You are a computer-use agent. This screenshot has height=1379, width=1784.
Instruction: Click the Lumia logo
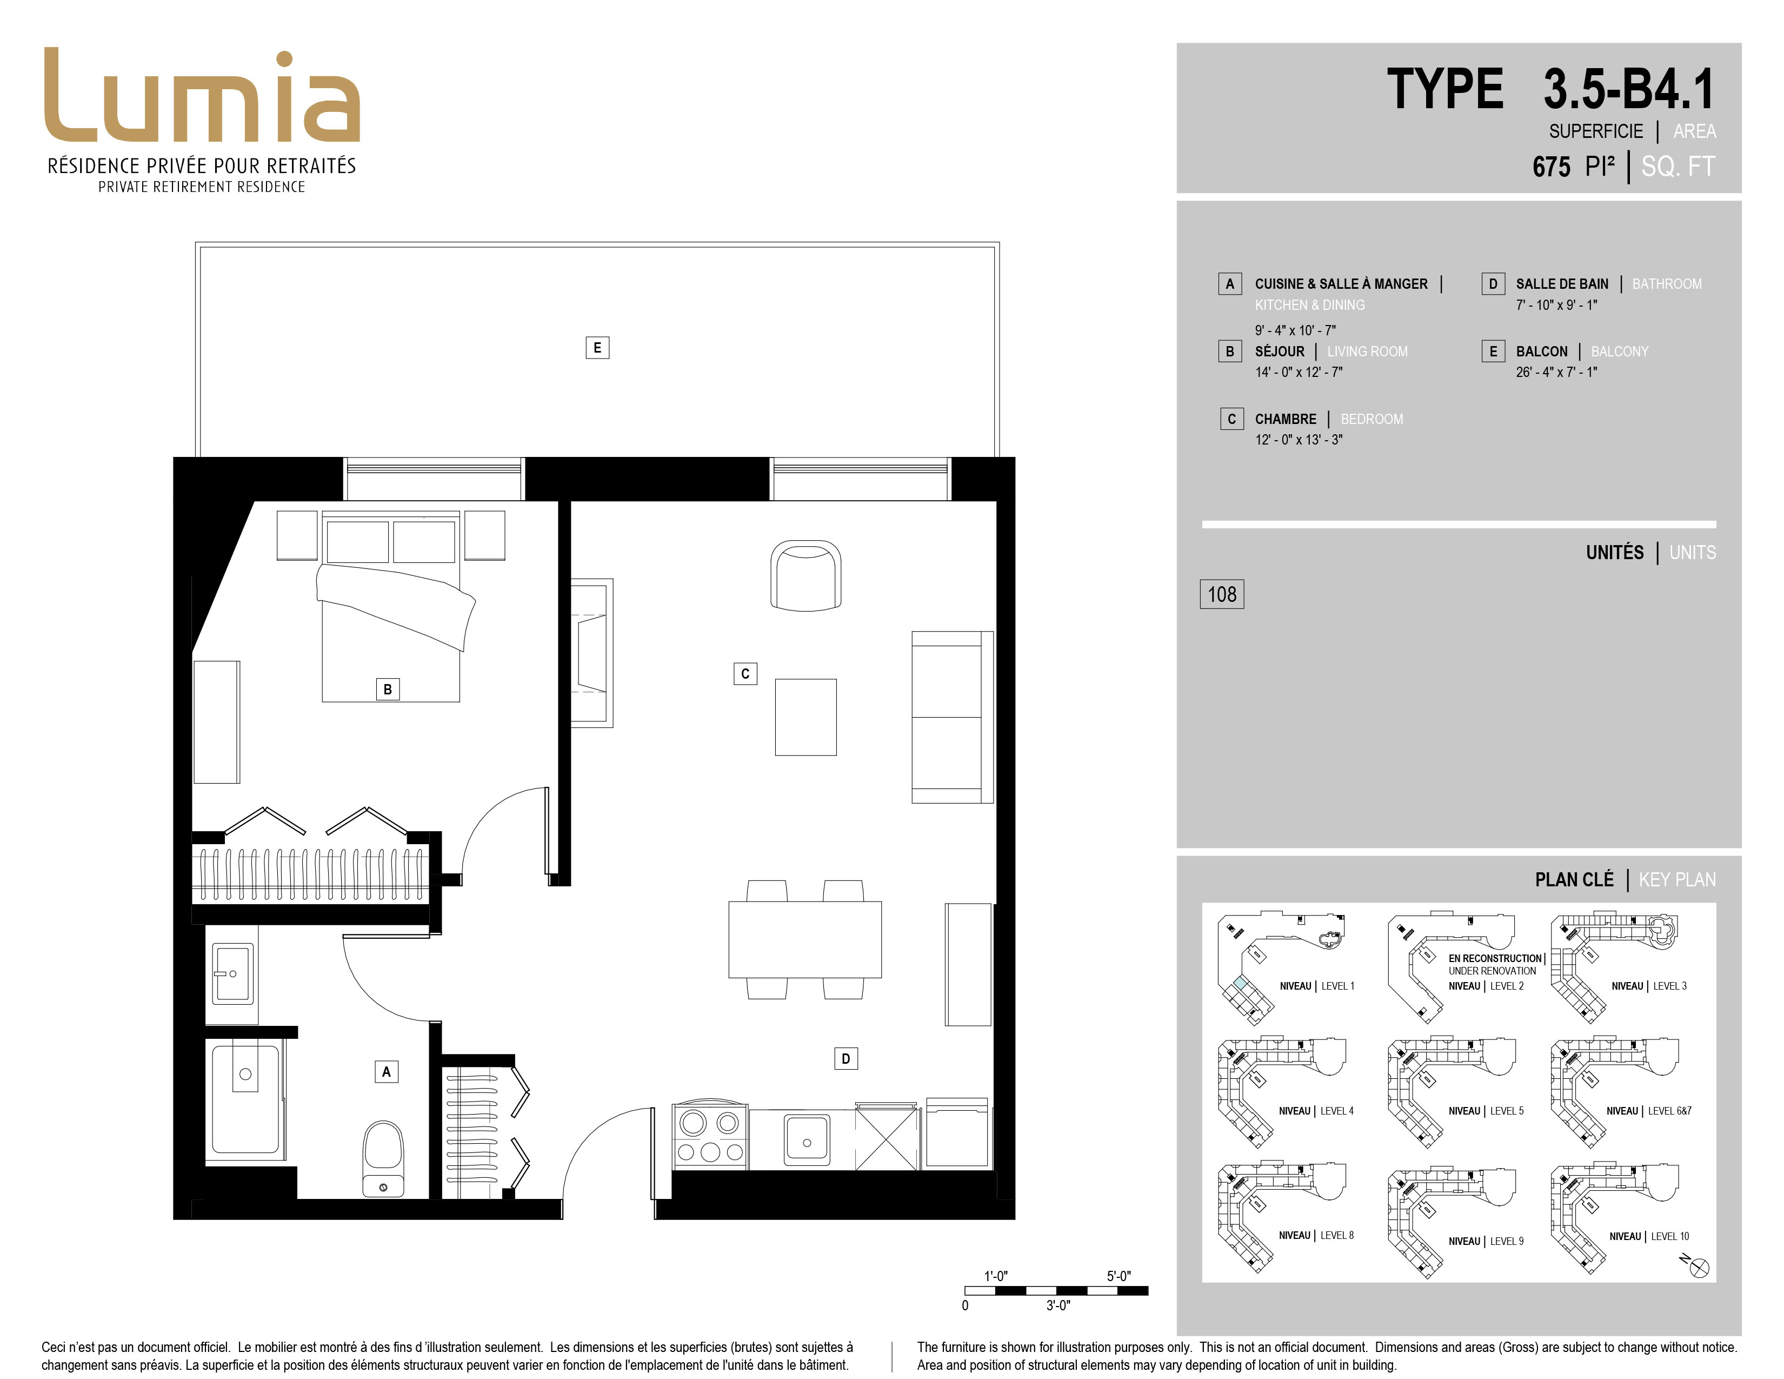point(202,96)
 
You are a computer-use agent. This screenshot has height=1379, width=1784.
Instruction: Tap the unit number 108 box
point(1221,594)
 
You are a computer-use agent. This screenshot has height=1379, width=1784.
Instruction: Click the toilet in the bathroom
point(383,1158)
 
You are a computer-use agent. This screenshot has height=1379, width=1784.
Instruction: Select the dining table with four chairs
point(804,939)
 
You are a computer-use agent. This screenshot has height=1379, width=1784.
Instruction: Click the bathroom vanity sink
point(233,973)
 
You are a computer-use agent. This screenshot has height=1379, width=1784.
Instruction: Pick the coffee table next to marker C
point(806,717)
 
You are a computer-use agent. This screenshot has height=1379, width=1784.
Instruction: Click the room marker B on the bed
point(387,688)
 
